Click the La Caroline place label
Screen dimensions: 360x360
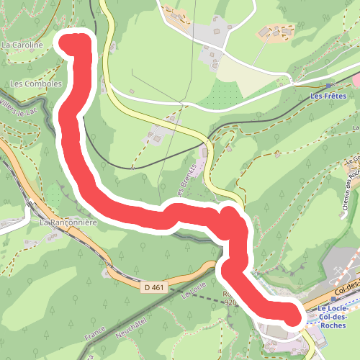(22, 45)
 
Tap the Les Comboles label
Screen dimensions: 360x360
(36, 84)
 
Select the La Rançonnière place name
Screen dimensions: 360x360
(68, 223)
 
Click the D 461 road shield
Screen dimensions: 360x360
(153, 287)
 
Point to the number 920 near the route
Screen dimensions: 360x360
(230, 303)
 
